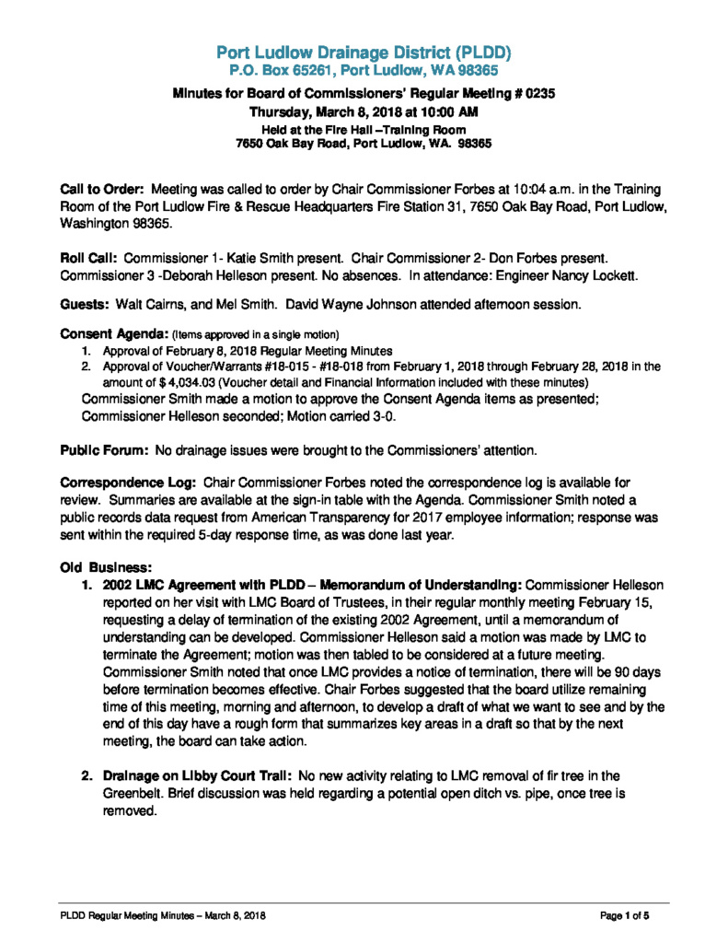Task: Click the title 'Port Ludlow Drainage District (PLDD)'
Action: tap(364, 52)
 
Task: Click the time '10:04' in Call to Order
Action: tap(497, 189)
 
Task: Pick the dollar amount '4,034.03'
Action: tap(168, 381)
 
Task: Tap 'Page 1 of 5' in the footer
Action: tap(625, 915)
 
